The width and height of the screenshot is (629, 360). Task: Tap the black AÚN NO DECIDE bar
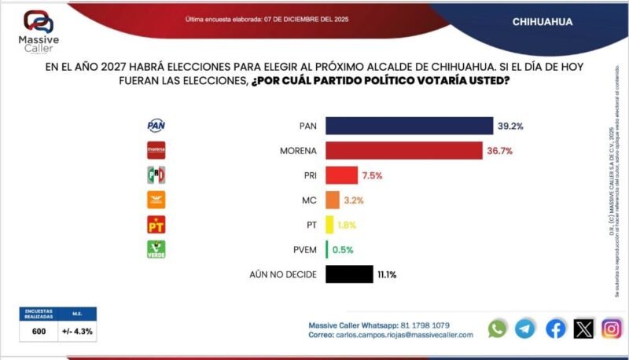click(348, 274)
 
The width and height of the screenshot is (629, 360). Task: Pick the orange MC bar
click(332, 200)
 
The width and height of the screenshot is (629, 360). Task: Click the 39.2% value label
click(511, 126)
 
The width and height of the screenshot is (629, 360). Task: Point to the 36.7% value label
click(501, 150)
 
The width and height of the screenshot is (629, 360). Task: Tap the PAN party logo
click(156, 126)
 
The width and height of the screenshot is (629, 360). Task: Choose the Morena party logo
click(156, 150)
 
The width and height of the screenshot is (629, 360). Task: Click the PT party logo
click(156, 225)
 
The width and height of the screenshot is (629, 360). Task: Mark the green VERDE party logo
click(156, 249)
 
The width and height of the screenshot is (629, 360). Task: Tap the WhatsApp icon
click(498, 329)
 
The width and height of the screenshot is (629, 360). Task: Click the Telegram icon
click(525, 329)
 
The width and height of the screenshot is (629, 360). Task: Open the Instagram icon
click(612, 329)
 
